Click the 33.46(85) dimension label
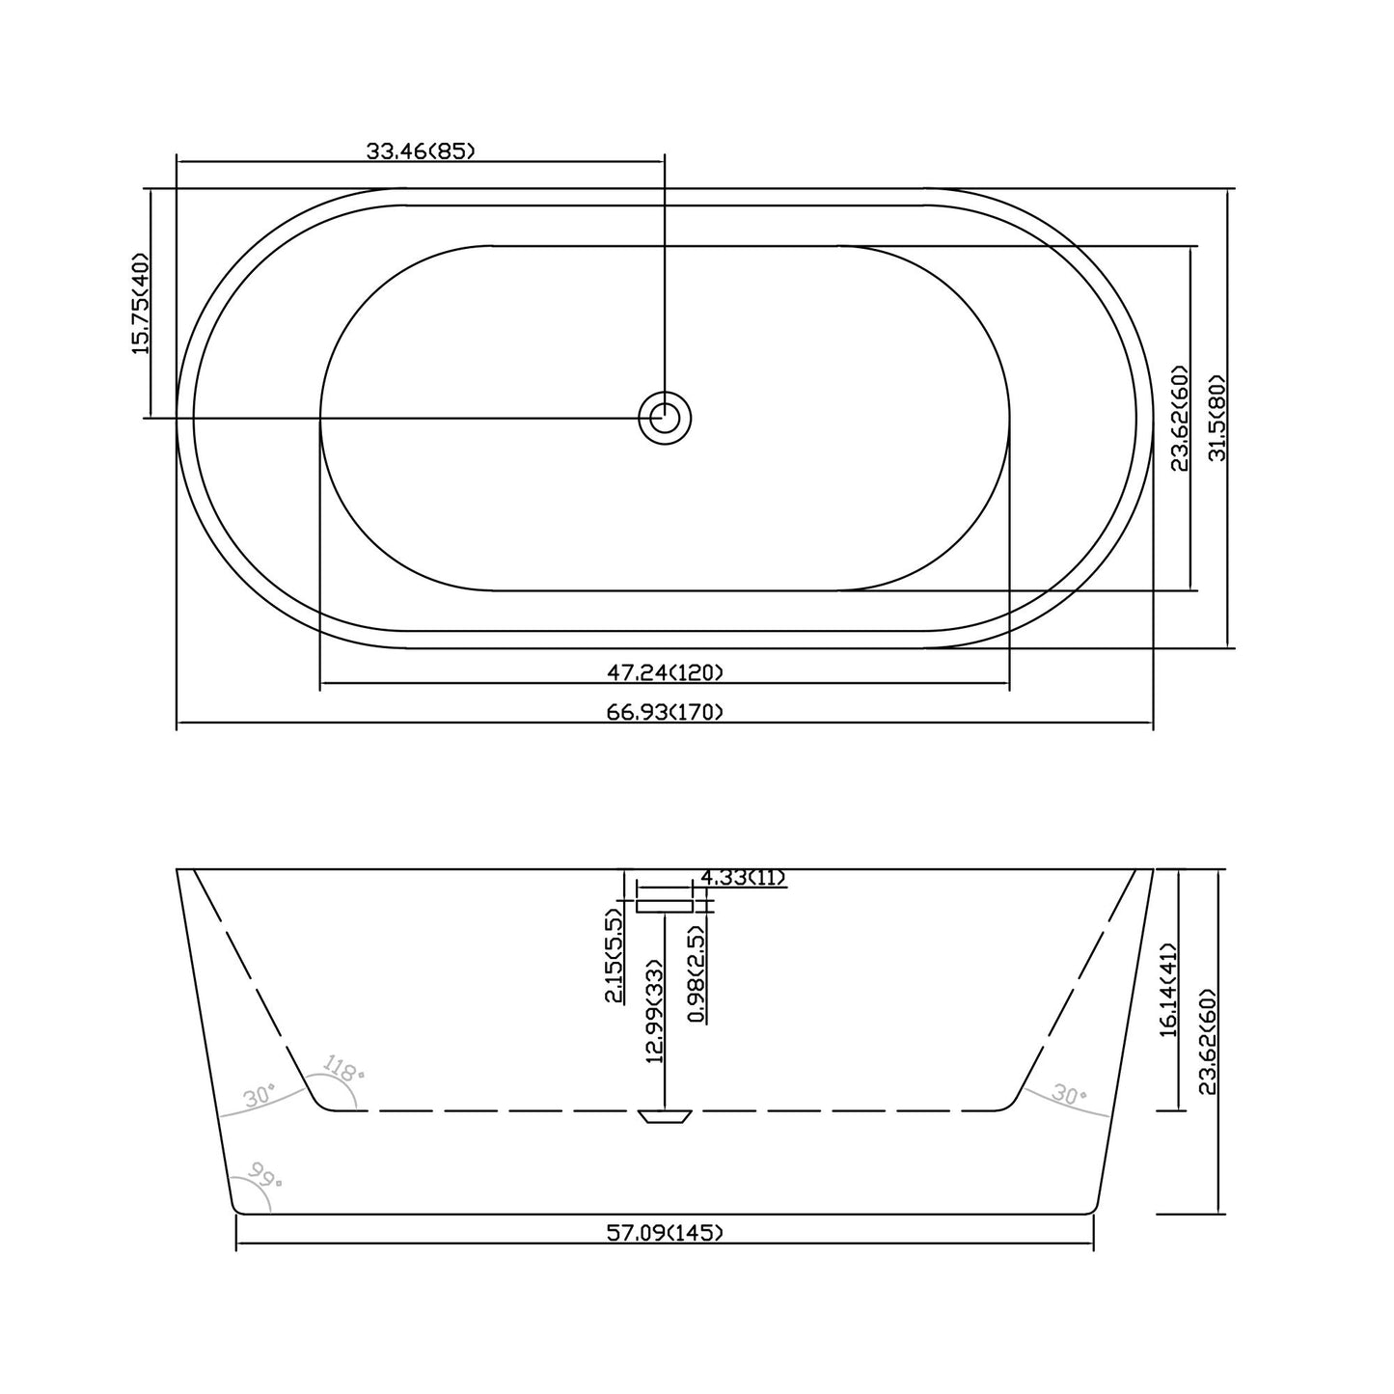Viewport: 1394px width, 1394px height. point(421,150)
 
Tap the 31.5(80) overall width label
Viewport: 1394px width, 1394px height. point(1216,418)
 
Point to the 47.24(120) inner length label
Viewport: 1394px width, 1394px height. point(665,671)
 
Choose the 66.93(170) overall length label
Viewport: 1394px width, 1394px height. point(665,712)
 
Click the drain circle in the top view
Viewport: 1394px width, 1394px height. point(665,418)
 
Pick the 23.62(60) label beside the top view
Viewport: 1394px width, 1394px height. point(1179,418)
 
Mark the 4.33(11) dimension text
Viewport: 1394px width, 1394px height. point(743,877)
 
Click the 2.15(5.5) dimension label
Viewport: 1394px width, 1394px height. point(614,955)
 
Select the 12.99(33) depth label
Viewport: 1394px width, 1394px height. point(655,1011)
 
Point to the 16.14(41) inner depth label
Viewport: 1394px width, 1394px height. point(1168,990)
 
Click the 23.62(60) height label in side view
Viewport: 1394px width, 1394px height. point(1206,1041)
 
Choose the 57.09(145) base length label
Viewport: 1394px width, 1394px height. point(665,1232)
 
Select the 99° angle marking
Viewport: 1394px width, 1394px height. point(261,1174)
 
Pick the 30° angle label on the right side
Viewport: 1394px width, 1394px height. point(1069,1095)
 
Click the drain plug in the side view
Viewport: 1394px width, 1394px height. point(665,1116)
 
